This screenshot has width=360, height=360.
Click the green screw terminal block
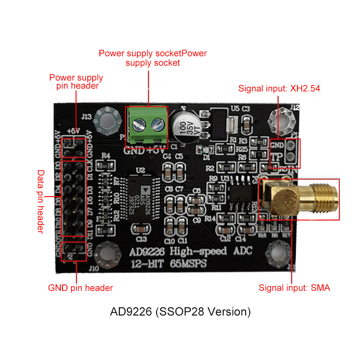pyautogui.click(x=146, y=126)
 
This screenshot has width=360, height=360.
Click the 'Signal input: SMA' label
pyautogui.click(x=294, y=288)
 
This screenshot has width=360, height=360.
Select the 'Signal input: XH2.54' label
pyautogui.click(x=279, y=88)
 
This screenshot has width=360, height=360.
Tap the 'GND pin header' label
pyautogui.click(x=81, y=288)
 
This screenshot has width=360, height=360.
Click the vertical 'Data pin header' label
pyautogui.click(x=40, y=201)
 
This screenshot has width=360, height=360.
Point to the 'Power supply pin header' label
pyautogui.click(x=76, y=81)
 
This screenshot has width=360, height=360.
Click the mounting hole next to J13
pyautogui.click(x=110, y=120)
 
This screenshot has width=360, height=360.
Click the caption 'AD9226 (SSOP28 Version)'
pyautogui.click(x=180, y=311)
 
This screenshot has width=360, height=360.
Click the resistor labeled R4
pyautogui.click(x=106, y=165)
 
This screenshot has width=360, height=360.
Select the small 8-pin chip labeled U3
pyautogui.click(x=238, y=190)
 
